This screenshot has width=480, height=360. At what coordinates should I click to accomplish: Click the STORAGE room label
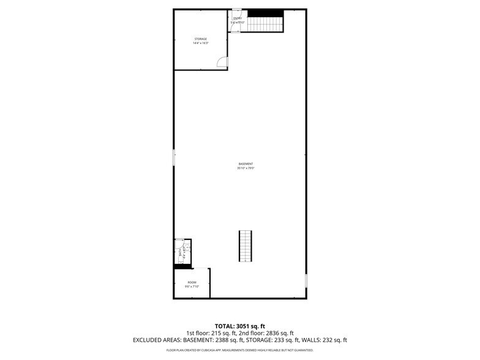pos(201,39)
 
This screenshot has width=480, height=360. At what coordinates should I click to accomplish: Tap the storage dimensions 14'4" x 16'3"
pos(201,43)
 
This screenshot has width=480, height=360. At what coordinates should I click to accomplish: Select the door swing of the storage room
pos(223,62)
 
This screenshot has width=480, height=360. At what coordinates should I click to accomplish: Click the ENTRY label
pos(238,18)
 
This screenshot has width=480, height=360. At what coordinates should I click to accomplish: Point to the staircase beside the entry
pos(264,24)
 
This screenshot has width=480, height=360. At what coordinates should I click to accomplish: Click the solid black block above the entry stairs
pos(265,13)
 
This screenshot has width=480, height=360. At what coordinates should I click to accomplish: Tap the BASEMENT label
pos(246,163)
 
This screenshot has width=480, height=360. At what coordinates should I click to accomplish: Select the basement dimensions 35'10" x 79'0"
pos(246,168)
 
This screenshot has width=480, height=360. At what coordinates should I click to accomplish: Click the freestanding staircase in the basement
pos(246,246)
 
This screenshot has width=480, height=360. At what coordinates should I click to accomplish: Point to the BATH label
pos(179,252)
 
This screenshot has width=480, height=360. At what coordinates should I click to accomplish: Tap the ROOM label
pos(192,282)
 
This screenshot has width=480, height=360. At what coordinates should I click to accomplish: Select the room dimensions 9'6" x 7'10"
pos(192,287)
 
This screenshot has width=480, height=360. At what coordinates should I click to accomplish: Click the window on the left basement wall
pos(174,158)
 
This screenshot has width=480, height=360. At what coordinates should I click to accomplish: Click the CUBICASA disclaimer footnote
pos(239,350)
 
